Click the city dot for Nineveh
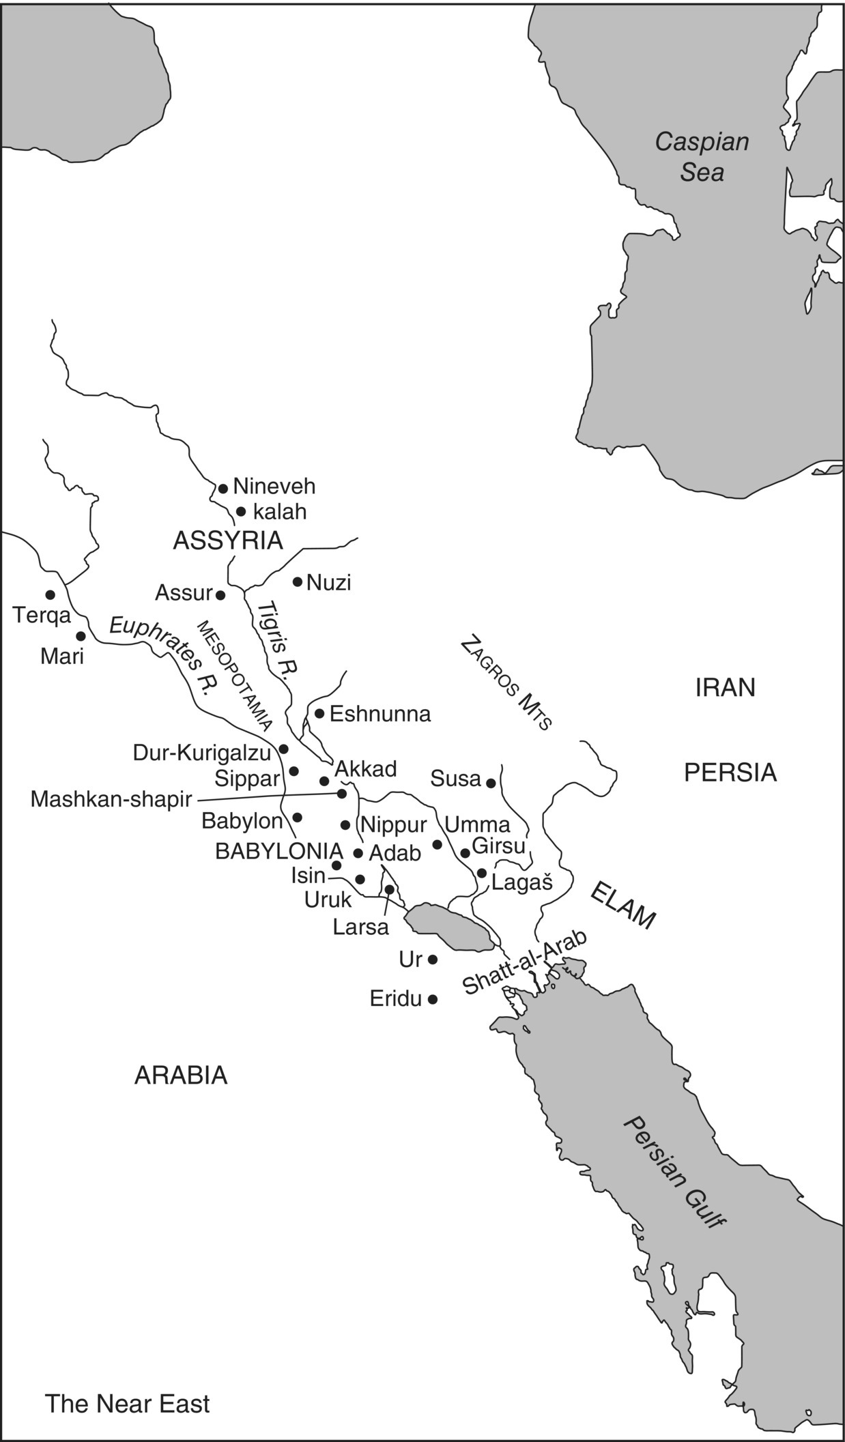pos(223,489)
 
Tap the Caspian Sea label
pos(702,157)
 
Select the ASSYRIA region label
pos(227,540)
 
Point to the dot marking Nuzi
pos(298,581)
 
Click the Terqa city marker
pos(50,594)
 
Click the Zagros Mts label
pos(506,683)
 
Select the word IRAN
pos(725,688)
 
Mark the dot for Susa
pos(491,783)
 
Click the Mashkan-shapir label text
pos(111,799)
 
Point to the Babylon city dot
pos(297,817)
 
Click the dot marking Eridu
pos(432,999)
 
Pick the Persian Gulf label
pos(674,1172)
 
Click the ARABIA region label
pos(181,1076)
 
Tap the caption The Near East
pos(128,1404)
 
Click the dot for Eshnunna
pos(319,713)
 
